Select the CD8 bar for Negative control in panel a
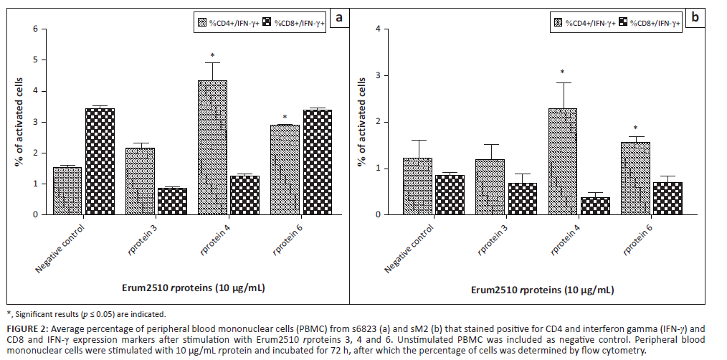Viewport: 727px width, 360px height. pos(100,161)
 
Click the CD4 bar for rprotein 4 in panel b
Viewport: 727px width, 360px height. pos(562,161)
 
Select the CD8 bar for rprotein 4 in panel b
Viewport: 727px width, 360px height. pos(595,206)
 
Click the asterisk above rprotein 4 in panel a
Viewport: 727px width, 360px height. pos(213,56)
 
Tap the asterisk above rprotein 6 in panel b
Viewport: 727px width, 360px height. pos(635,128)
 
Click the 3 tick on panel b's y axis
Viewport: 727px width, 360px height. pos(386,75)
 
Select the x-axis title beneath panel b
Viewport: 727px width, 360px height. pos(542,290)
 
